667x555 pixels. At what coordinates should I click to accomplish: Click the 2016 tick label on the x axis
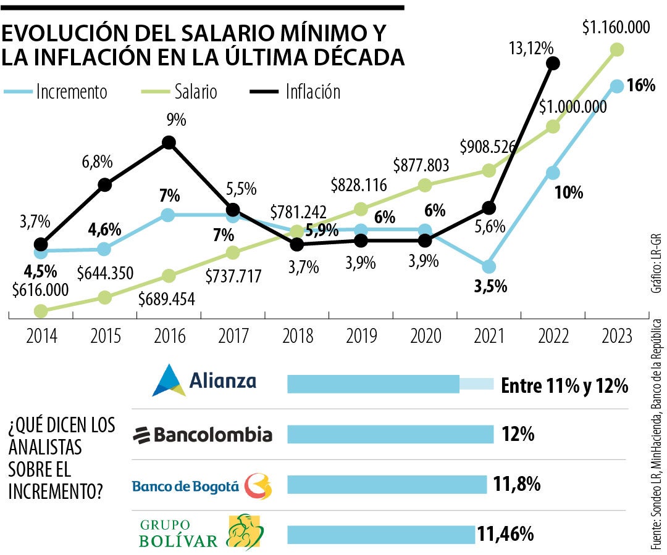point(169,336)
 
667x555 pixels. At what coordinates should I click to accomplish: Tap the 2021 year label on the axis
point(489,336)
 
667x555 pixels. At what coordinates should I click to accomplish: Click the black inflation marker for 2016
point(169,142)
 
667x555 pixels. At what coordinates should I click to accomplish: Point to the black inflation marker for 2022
point(553,62)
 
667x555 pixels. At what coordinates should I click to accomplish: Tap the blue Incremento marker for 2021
point(489,266)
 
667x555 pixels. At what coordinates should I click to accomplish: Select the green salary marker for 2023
point(616,49)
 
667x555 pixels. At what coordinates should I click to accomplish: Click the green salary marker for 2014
point(41,311)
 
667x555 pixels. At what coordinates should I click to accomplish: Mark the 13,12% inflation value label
point(531,47)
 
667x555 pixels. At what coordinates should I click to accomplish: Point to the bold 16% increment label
point(640,86)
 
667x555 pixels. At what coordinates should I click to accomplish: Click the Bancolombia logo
point(203,435)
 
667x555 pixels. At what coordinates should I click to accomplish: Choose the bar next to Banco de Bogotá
point(387,484)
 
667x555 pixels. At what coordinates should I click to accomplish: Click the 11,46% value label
point(505,533)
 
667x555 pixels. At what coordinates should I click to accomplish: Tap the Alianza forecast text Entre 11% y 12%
point(564,386)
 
